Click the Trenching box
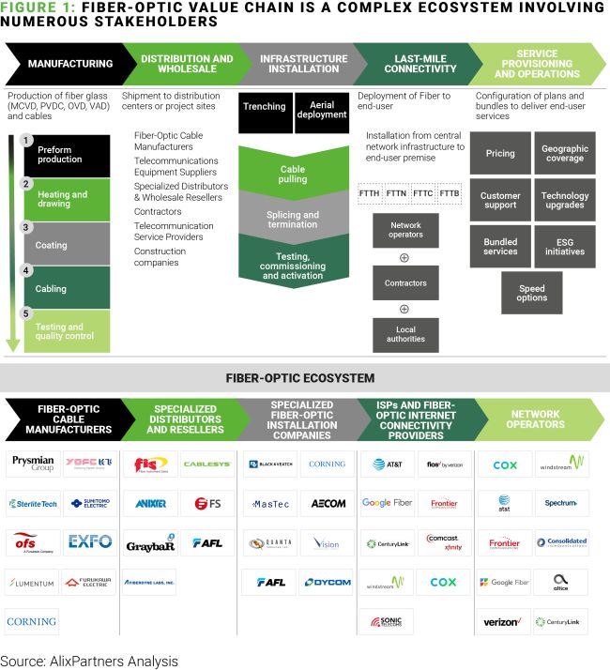click(x=264, y=107)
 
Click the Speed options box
click(x=531, y=293)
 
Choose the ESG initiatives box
click(x=565, y=246)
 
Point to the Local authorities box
click(x=405, y=334)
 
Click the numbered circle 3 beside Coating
click(x=27, y=227)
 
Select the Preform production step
click(x=67, y=155)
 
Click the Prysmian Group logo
click(x=31, y=464)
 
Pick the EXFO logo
click(x=90, y=541)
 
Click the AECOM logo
click(x=328, y=503)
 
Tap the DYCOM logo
click(x=328, y=583)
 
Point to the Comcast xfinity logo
click(x=445, y=542)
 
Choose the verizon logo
click(x=502, y=621)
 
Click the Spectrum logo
click(x=561, y=503)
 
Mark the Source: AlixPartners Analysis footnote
click(x=89, y=661)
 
